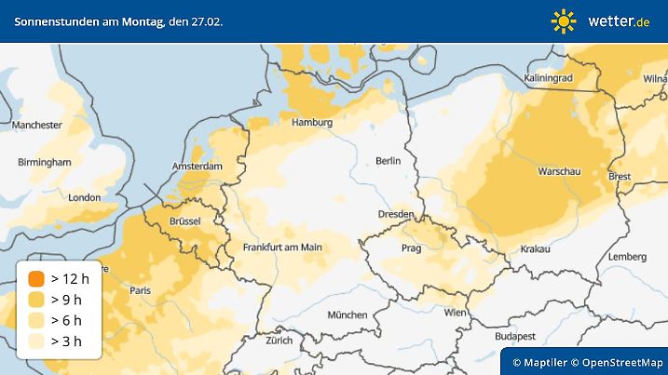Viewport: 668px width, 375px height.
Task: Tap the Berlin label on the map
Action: (388, 161)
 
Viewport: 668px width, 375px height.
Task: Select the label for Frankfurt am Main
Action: (282, 248)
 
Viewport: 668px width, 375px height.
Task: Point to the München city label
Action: (347, 315)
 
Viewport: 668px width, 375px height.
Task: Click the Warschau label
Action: (561, 172)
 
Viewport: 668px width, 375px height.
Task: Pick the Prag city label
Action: (412, 248)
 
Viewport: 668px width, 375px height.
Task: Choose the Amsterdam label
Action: (198, 167)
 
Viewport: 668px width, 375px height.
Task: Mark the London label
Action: (85, 197)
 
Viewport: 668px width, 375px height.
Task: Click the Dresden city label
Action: (397, 214)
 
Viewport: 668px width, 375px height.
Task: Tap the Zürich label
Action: (279, 342)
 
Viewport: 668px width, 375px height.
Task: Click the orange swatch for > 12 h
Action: (35, 278)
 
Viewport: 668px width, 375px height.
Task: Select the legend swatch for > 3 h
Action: (35, 342)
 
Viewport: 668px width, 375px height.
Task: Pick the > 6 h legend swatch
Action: (35, 320)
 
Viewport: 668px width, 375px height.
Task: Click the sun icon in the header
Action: (564, 20)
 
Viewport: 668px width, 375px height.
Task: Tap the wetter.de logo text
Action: (619, 20)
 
